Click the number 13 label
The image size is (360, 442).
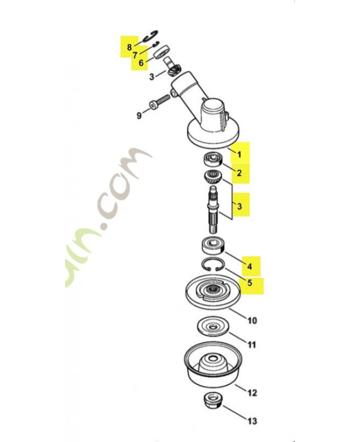tap(252, 422)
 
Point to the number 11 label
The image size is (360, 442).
tap(251, 345)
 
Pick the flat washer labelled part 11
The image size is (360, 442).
tap(213, 326)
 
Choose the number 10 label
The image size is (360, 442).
tap(251, 320)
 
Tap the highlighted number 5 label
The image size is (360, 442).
tap(249, 285)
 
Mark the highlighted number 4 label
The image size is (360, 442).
tap(250, 266)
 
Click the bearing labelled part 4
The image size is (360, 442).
tap(213, 243)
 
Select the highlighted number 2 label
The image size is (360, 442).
tap(239, 173)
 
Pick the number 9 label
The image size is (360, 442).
tap(139, 115)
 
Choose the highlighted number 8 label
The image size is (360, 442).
tap(129, 47)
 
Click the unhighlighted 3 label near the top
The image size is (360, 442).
tap(151, 76)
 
